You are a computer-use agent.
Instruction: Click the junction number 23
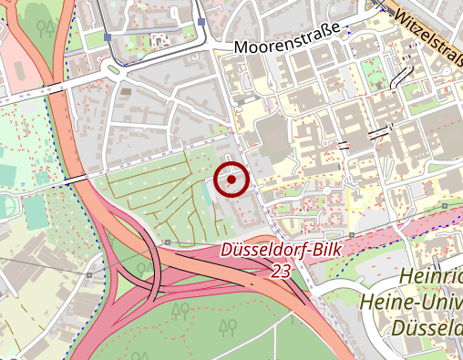(282, 271)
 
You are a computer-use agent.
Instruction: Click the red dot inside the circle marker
(232, 180)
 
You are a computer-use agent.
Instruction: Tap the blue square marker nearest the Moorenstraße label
(201, 22)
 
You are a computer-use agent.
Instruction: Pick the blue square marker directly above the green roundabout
(108, 37)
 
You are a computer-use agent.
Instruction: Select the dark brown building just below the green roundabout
(126, 92)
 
